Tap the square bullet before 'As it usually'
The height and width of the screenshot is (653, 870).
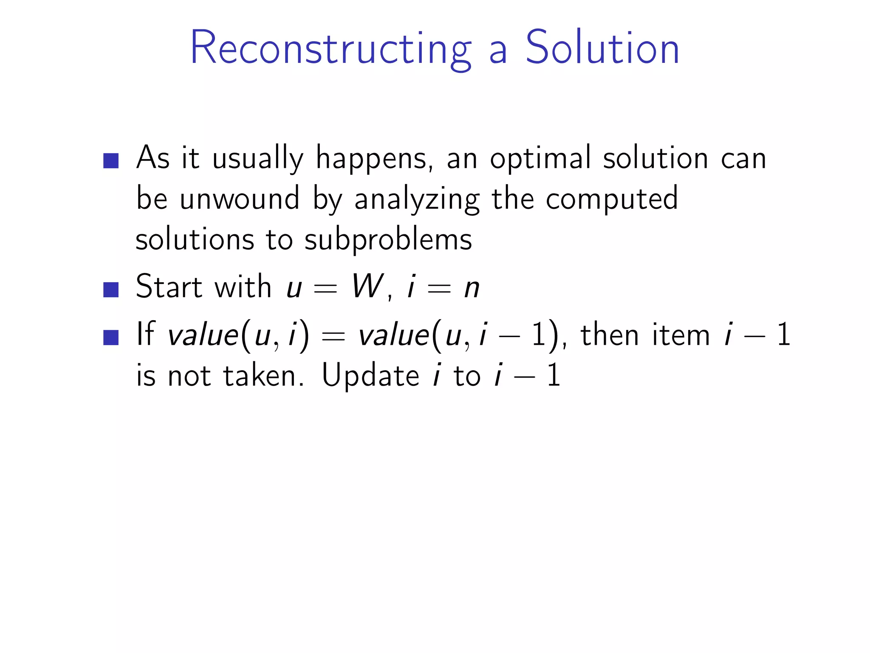coord(111,161)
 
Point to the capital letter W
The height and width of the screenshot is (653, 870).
coord(367,287)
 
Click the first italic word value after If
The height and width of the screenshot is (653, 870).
coord(203,335)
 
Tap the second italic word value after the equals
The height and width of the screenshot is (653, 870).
coord(394,335)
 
